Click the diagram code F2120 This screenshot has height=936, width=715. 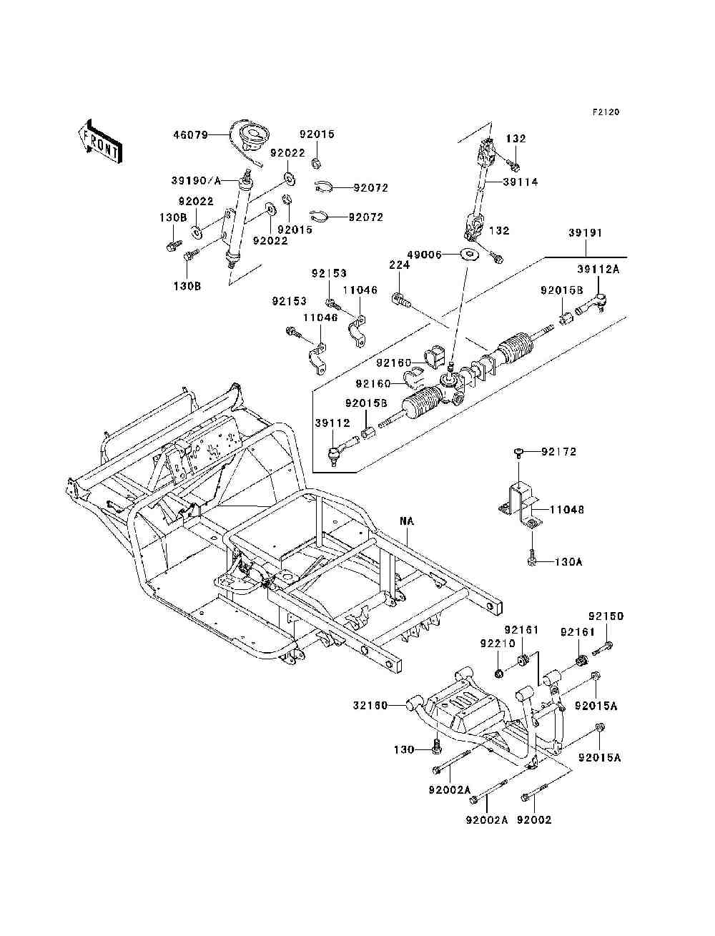(x=606, y=112)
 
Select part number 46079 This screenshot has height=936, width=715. (x=191, y=135)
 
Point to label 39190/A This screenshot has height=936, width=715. (x=196, y=180)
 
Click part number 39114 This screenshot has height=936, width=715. (x=521, y=182)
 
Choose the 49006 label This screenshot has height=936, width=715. (x=424, y=255)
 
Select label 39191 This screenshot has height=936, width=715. (x=585, y=233)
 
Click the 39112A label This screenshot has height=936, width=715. (x=598, y=269)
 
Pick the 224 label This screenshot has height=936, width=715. (x=400, y=265)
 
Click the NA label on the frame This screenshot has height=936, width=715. (x=407, y=521)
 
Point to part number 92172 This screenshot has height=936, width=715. (x=559, y=451)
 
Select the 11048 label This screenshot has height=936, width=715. (x=566, y=509)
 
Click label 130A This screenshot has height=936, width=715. (x=568, y=561)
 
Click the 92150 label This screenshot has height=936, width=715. (x=606, y=616)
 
